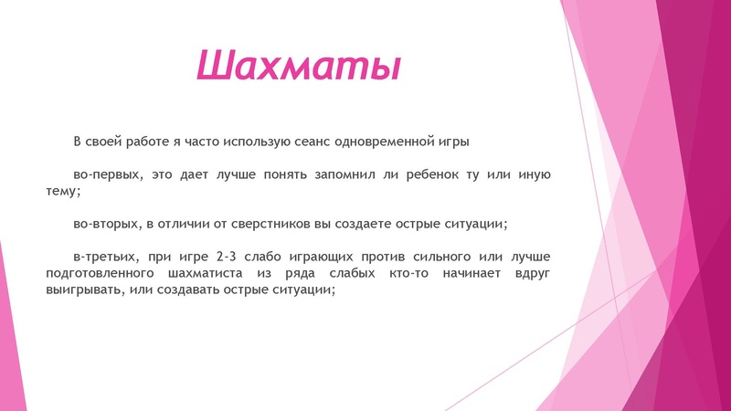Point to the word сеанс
tap(313, 142)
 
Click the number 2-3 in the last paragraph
tap(217, 256)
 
